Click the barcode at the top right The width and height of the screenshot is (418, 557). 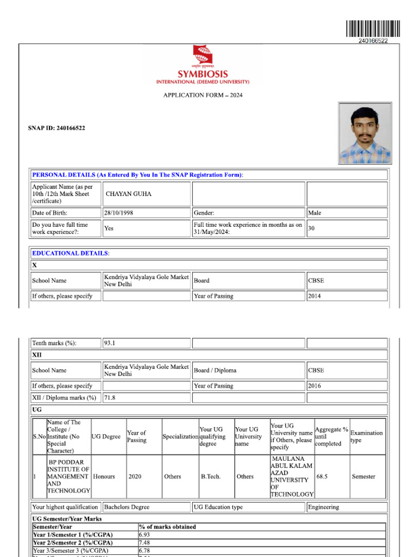[x=372, y=28]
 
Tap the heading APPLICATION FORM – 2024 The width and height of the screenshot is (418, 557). [x=203, y=95]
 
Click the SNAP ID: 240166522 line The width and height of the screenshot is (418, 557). [x=57, y=128]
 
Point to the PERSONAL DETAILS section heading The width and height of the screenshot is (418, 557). [x=138, y=175]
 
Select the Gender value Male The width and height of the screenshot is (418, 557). [x=315, y=213]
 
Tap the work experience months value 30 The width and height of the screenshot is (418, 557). [x=311, y=228]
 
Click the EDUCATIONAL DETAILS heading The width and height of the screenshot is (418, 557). [x=71, y=253]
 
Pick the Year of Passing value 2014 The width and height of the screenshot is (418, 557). [x=314, y=296]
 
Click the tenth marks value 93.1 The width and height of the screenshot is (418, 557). [x=110, y=343]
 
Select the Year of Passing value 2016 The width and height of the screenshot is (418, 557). [x=314, y=386]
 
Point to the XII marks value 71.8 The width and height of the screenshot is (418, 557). [x=110, y=398]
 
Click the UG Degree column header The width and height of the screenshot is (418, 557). [x=107, y=437]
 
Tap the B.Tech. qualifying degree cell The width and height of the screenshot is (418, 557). [x=211, y=476]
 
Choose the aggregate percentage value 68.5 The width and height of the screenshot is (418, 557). [x=322, y=476]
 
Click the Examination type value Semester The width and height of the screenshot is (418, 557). [x=363, y=476]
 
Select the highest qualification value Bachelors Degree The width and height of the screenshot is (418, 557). [x=127, y=508]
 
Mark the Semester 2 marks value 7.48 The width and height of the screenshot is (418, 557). [x=145, y=543]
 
